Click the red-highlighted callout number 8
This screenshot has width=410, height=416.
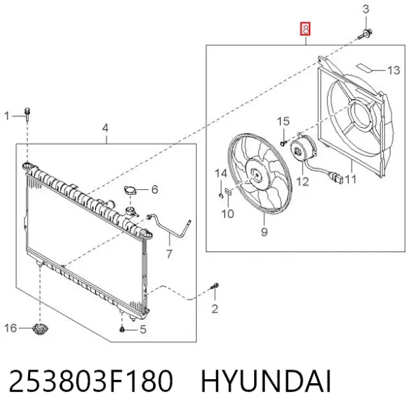pyautogui.click(x=305, y=29)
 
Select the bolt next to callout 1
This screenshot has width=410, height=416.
pyautogui.click(x=27, y=114)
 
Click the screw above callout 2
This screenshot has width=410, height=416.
pyautogui.click(x=215, y=287)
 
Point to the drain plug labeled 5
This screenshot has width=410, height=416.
pyautogui.click(x=122, y=330)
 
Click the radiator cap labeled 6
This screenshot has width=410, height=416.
pyautogui.click(x=130, y=190)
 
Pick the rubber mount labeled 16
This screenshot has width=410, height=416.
pyautogui.click(x=40, y=329)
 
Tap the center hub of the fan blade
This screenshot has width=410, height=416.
pyautogui.click(x=256, y=175)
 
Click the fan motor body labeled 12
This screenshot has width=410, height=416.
pyautogui.click(x=303, y=148)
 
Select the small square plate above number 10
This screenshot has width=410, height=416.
pyautogui.click(x=228, y=191)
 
